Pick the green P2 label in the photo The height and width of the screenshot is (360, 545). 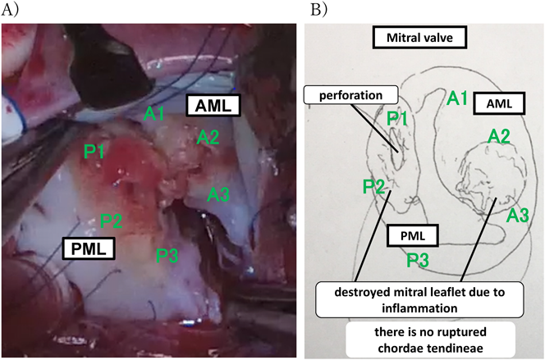tap(112, 220)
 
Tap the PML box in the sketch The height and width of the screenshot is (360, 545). tap(412, 236)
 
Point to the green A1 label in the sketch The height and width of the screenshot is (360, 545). tap(458, 99)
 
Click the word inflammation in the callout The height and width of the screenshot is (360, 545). tap(401, 307)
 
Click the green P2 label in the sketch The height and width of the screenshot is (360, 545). tap(374, 187)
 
